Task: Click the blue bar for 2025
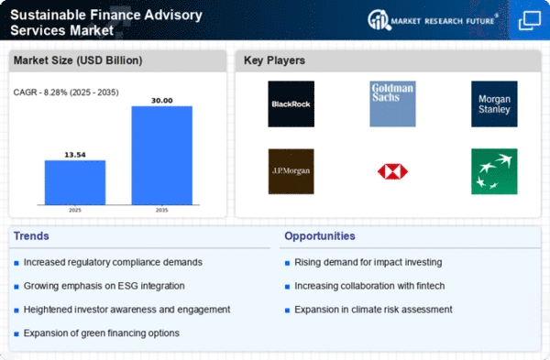coord(75,182)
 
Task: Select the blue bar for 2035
coord(161,156)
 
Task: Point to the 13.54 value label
coord(75,155)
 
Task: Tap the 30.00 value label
coord(161,101)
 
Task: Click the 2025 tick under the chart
coord(75,210)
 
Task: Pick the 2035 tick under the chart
coord(161,210)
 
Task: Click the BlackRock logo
coord(291,104)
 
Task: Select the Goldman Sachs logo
coord(392,104)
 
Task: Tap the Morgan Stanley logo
coord(494,104)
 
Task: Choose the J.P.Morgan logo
coord(291,171)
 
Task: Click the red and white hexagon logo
coord(392,171)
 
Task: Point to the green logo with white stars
coord(494,171)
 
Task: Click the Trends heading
coord(31,236)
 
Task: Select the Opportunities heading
coord(320,236)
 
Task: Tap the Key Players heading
coord(274,60)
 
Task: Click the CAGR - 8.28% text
coord(38,93)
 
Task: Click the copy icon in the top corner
coord(530,20)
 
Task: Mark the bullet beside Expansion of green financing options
coord(16,334)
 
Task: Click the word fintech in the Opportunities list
coord(431,286)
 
